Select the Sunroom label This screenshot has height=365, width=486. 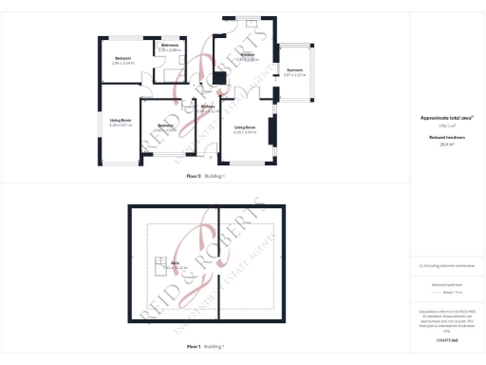click(295, 71)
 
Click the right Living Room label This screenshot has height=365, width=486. click(245, 127)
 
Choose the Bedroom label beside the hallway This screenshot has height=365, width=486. click(166, 126)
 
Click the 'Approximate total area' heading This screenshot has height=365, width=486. click(446, 118)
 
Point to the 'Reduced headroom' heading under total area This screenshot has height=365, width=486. click(446, 137)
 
